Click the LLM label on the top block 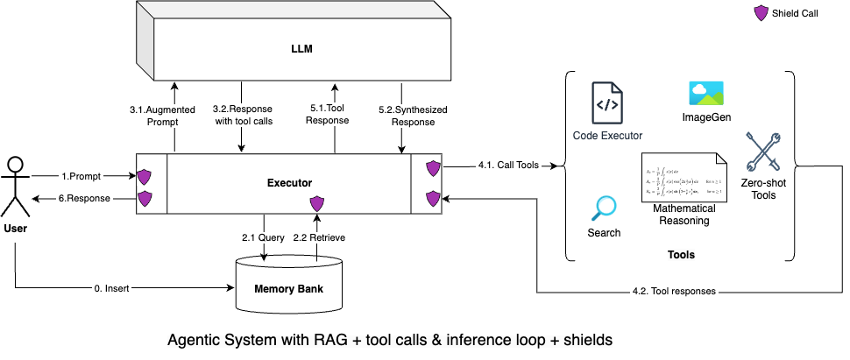300,50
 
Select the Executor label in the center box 288,183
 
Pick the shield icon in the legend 761,14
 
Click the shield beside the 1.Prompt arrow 144,175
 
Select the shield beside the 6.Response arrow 144,200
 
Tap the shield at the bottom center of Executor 318,203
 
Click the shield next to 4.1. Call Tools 433,167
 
